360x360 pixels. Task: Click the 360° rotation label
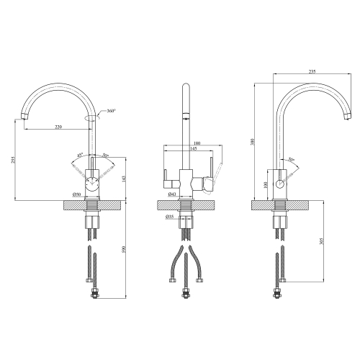pos(112,111)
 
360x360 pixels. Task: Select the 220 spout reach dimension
pos(58,127)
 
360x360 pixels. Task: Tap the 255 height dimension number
pos(13,160)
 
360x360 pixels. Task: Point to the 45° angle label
pos(80,155)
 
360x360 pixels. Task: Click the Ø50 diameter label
pos(76,194)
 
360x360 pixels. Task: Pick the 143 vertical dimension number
pos(124,179)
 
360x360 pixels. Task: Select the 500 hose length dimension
pos(124,249)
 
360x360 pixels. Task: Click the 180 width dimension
pos(197,143)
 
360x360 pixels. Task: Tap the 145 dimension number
pos(193,148)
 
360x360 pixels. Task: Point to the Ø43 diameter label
pos(172,194)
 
